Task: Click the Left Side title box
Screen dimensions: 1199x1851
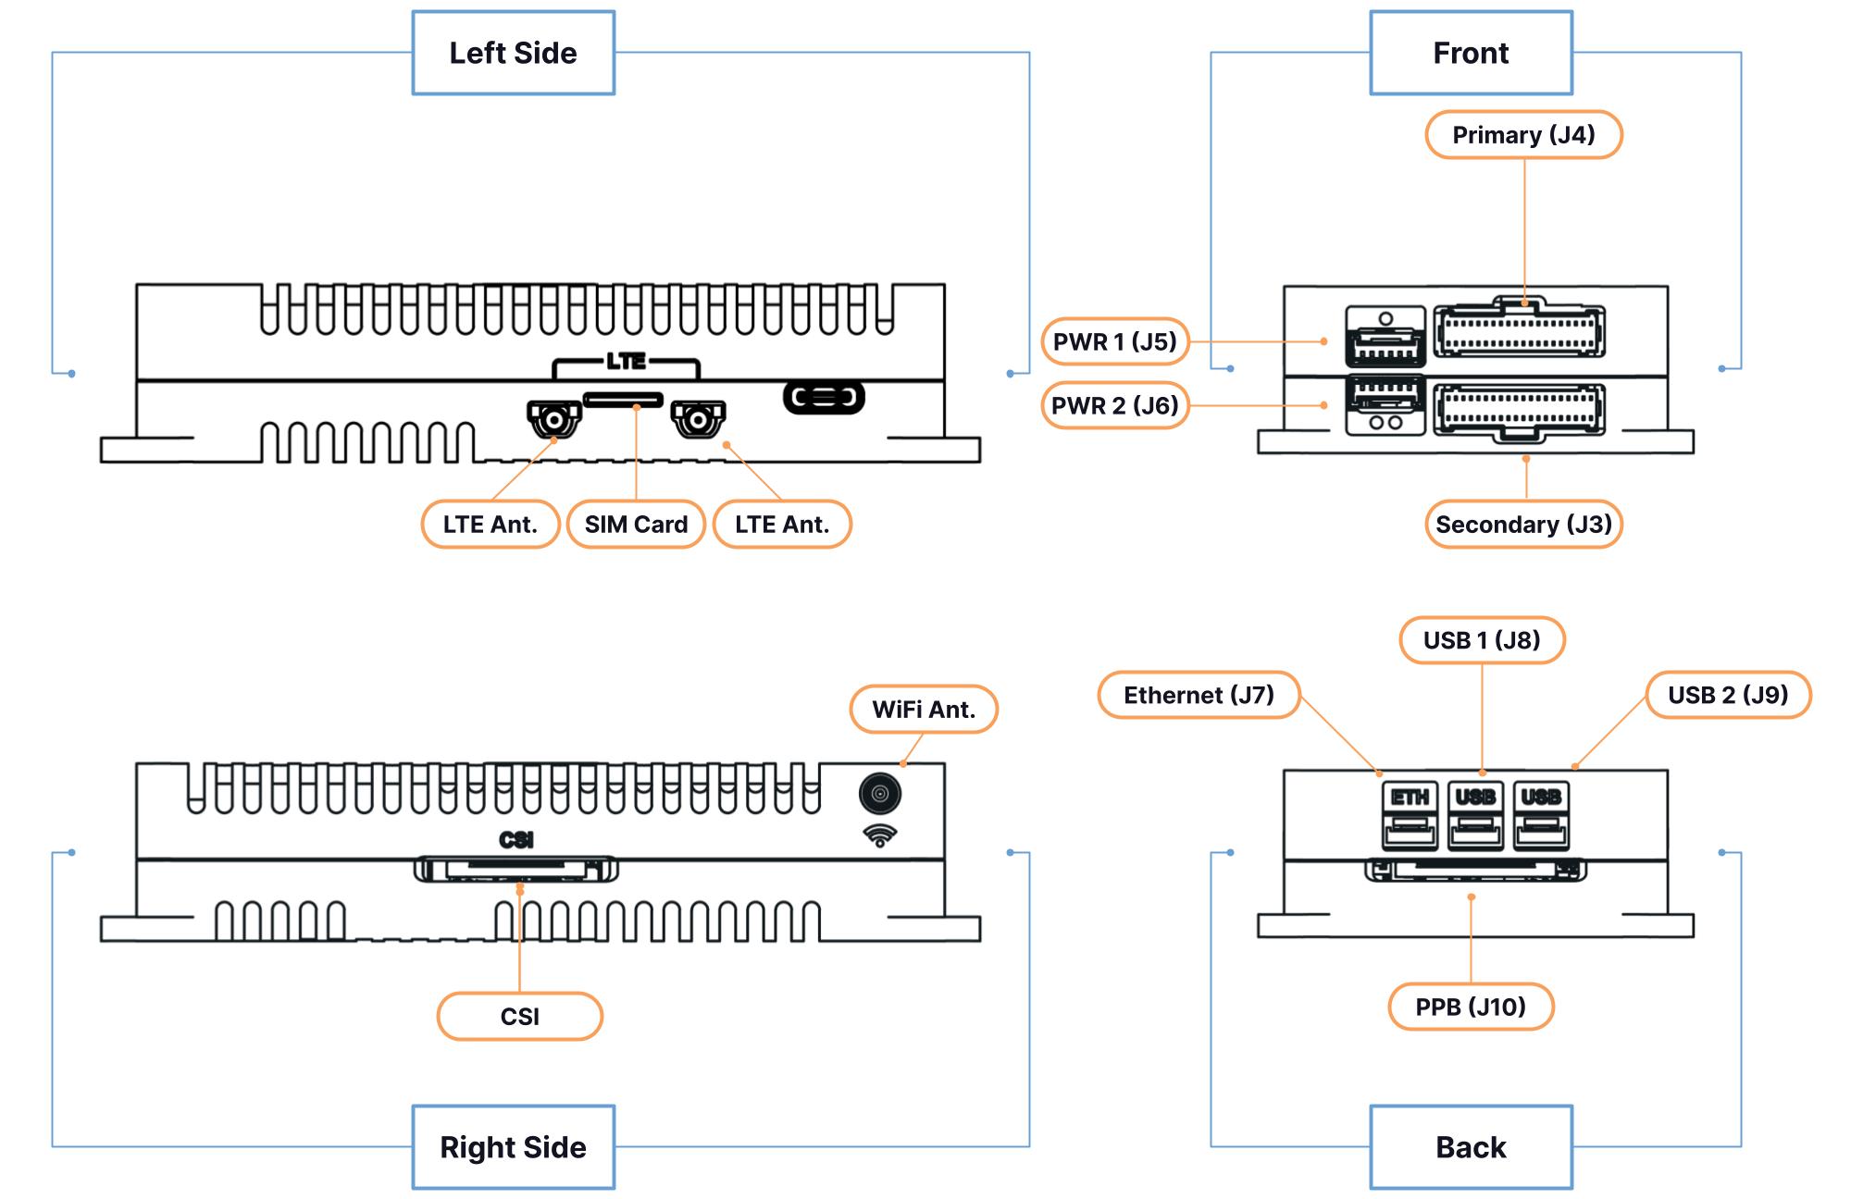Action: (x=513, y=53)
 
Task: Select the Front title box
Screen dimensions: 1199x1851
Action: (x=1471, y=53)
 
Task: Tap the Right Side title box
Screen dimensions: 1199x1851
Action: (x=513, y=1147)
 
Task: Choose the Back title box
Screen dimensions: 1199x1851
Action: (x=1471, y=1147)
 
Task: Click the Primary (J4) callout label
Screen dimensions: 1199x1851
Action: (x=1523, y=135)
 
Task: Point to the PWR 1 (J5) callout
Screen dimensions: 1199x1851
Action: (x=1114, y=341)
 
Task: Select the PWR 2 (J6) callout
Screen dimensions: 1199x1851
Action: (x=1114, y=405)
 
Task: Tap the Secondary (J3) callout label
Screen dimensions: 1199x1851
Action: (x=1523, y=525)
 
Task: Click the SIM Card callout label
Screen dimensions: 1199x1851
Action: (x=636, y=525)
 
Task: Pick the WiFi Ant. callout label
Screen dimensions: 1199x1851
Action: (x=924, y=710)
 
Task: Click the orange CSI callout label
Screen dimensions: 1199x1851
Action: (x=519, y=1017)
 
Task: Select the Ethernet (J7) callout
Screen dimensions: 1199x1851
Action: (x=1199, y=695)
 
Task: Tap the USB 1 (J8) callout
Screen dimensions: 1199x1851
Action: (x=1482, y=640)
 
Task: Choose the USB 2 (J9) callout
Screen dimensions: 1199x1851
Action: (x=1728, y=695)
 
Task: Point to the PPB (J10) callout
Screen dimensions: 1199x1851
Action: (x=1471, y=1007)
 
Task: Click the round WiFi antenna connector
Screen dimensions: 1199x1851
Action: (x=879, y=794)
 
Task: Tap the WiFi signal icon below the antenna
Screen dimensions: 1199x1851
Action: (x=879, y=835)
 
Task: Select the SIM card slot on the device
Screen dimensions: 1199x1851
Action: (x=623, y=400)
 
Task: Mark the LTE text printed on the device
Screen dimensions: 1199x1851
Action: (x=626, y=361)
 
